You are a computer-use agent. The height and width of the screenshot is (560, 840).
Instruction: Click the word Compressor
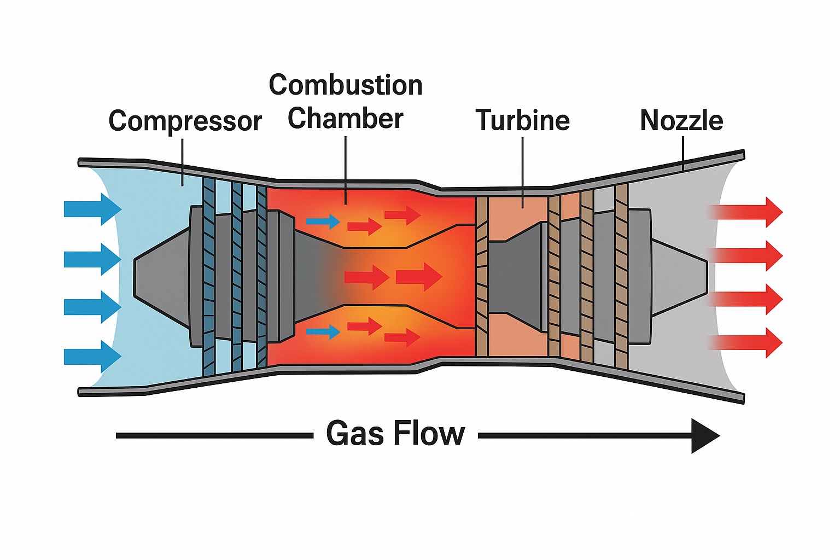185,121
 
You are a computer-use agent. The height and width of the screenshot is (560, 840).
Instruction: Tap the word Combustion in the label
346,85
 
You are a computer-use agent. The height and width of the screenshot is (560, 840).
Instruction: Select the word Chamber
346,119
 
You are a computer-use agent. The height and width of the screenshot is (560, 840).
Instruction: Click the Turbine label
523,120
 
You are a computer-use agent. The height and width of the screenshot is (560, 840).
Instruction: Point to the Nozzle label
681,120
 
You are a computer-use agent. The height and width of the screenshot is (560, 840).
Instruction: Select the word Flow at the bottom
429,434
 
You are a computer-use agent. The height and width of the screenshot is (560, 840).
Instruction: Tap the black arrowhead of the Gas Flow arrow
704,436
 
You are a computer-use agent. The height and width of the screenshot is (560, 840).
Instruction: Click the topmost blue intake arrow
92,209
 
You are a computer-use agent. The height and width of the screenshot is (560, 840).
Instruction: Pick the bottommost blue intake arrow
92,357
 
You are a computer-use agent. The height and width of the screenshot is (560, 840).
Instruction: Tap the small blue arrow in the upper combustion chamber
323,221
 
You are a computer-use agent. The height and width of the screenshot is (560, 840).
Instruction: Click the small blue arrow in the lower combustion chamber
323,331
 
